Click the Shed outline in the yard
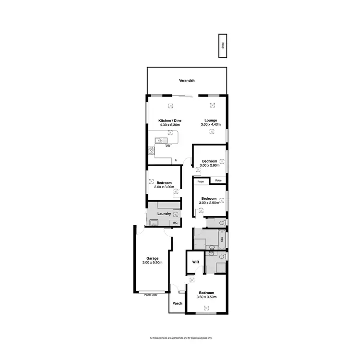(x=223, y=46)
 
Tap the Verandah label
(x=187, y=81)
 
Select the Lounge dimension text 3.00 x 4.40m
(x=210, y=125)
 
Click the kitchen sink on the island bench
(x=159, y=140)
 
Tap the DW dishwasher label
(x=168, y=146)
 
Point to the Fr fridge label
(x=176, y=160)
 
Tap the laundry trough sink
(x=154, y=222)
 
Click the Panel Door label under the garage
(x=151, y=295)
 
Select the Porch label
(x=177, y=303)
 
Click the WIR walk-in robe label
(x=195, y=262)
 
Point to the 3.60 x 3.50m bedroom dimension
(x=206, y=297)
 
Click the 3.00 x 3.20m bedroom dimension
(x=164, y=187)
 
